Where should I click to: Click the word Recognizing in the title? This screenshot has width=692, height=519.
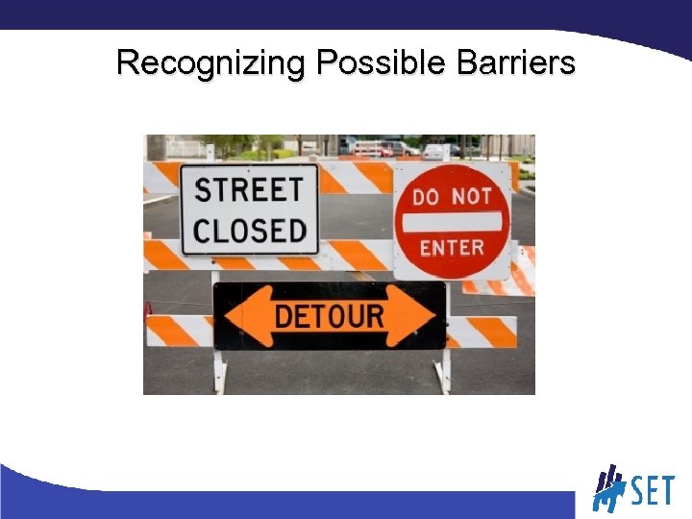(210, 63)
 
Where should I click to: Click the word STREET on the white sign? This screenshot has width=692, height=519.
(248, 187)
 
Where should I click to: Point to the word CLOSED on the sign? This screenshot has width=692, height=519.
(248, 231)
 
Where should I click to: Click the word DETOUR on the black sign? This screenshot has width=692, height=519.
(330, 315)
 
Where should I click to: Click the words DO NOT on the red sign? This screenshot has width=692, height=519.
(452, 196)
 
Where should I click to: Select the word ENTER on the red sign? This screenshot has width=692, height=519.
(452, 248)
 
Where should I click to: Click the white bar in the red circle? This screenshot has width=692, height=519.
(452, 222)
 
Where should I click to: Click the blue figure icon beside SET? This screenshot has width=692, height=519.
(608, 488)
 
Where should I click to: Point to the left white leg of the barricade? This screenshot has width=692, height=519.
(220, 370)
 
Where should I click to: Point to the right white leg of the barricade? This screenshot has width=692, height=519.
(443, 370)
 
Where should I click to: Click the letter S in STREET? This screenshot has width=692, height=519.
(203, 187)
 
